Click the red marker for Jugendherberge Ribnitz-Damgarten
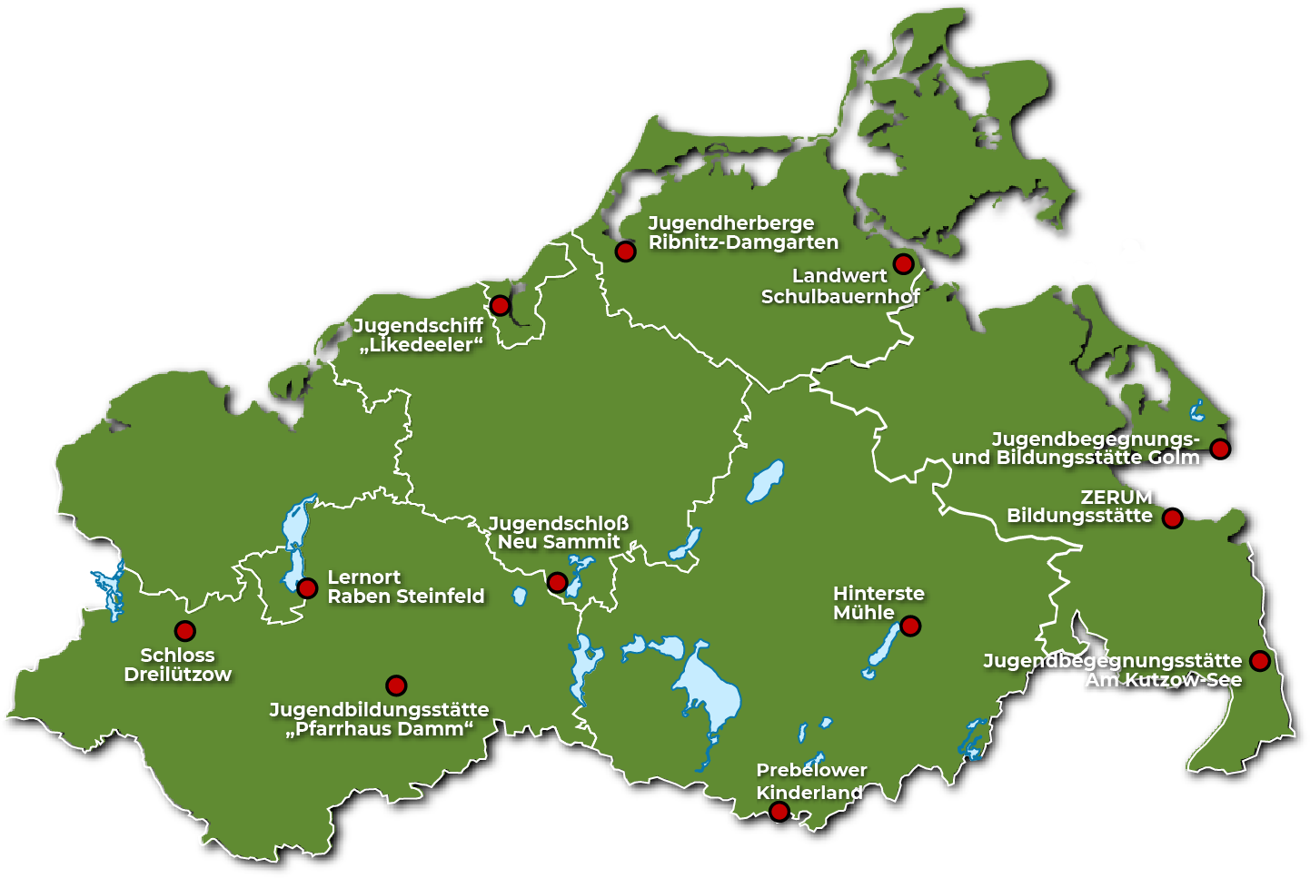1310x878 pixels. [x=625, y=252]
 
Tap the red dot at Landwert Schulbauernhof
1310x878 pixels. [x=903, y=264]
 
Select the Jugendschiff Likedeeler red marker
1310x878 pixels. [x=500, y=306]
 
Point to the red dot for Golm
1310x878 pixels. [x=1220, y=449]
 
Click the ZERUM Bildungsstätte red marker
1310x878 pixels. [x=1173, y=518]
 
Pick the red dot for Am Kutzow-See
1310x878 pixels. [x=1259, y=660]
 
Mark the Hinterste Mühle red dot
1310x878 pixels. [x=910, y=626]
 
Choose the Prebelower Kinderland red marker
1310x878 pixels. [x=779, y=812]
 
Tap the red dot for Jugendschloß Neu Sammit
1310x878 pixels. [x=558, y=582]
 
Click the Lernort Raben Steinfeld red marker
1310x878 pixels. [x=307, y=587]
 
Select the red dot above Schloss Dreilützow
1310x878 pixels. [x=184, y=631]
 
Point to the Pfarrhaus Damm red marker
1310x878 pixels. [x=396, y=686]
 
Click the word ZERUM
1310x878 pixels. [x=1116, y=498]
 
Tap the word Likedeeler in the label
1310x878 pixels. [x=422, y=345]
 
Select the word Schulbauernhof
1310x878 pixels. [x=840, y=297]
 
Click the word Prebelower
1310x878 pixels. [x=811, y=770]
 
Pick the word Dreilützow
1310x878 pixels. [x=178, y=675]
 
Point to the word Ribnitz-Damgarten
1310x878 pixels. [x=743, y=242]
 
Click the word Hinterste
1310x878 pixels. [x=878, y=594]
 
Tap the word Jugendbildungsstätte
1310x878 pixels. [x=379, y=710]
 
